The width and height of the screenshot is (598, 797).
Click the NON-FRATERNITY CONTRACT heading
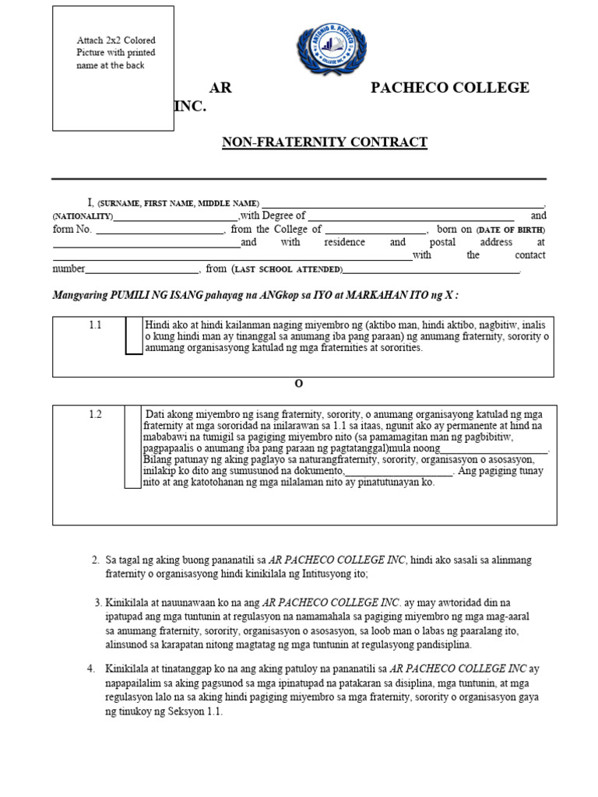[x=325, y=142]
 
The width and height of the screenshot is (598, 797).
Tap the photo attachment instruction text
[x=115, y=53]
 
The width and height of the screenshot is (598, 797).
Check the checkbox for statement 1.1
[x=134, y=335]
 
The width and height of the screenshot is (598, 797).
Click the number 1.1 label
[x=95, y=325]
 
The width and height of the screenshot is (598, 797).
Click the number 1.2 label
[x=95, y=414]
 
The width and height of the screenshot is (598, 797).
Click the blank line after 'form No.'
[x=159, y=231]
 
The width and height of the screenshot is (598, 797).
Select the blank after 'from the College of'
[x=375, y=231]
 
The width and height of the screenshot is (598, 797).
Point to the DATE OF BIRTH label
[x=511, y=230]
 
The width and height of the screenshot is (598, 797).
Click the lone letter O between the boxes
[x=298, y=384]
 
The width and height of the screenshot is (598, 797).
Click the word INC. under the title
[x=190, y=107]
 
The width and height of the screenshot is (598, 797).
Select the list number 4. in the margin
[x=92, y=669]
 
